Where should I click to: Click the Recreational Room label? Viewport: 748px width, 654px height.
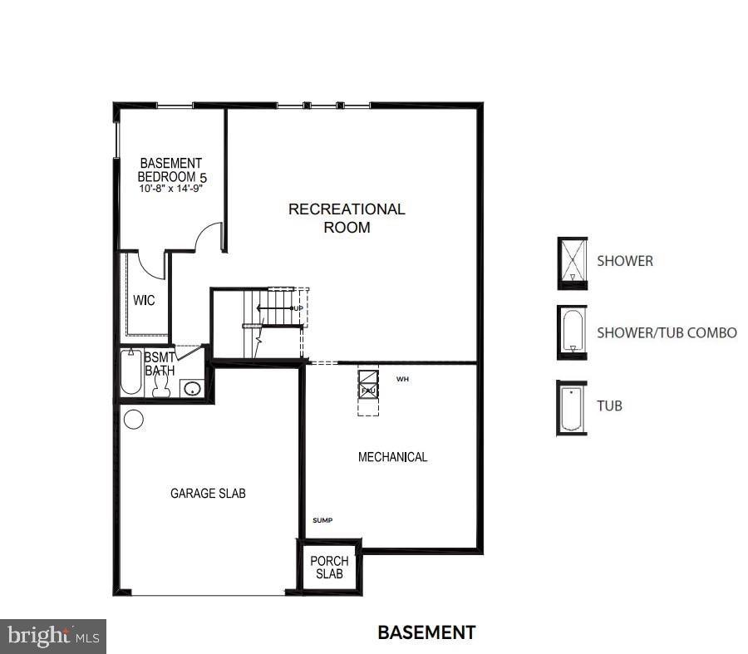[x=347, y=218]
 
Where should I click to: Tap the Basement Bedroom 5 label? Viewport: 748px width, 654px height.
[x=170, y=170]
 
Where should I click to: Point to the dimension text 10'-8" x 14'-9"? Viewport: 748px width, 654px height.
[x=171, y=189]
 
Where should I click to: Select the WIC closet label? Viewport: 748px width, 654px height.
[x=144, y=301]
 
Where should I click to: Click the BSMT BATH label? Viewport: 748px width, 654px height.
[x=160, y=364]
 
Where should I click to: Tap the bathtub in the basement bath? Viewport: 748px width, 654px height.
[x=131, y=372]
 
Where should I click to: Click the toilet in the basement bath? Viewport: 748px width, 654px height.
[x=161, y=388]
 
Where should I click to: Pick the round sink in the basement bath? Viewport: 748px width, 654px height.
[x=193, y=388]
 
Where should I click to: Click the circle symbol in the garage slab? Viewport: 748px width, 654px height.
[x=134, y=419]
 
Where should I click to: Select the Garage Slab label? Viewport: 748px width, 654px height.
[x=208, y=494]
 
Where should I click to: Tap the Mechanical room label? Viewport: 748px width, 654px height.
[x=392, y=457]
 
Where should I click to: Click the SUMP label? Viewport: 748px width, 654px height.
[x=322, y=520]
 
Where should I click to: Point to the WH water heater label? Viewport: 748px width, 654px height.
[x=402, y=379]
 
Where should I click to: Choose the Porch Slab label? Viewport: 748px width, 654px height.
[x=329, y=568]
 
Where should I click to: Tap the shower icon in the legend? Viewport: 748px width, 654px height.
[x=573, y=263]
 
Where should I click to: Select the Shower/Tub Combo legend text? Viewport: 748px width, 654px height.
[x=667, y=332]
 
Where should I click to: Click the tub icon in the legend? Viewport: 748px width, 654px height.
[x=572, y=408]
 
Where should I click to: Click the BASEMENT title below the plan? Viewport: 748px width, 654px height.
[x=426, y=632]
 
